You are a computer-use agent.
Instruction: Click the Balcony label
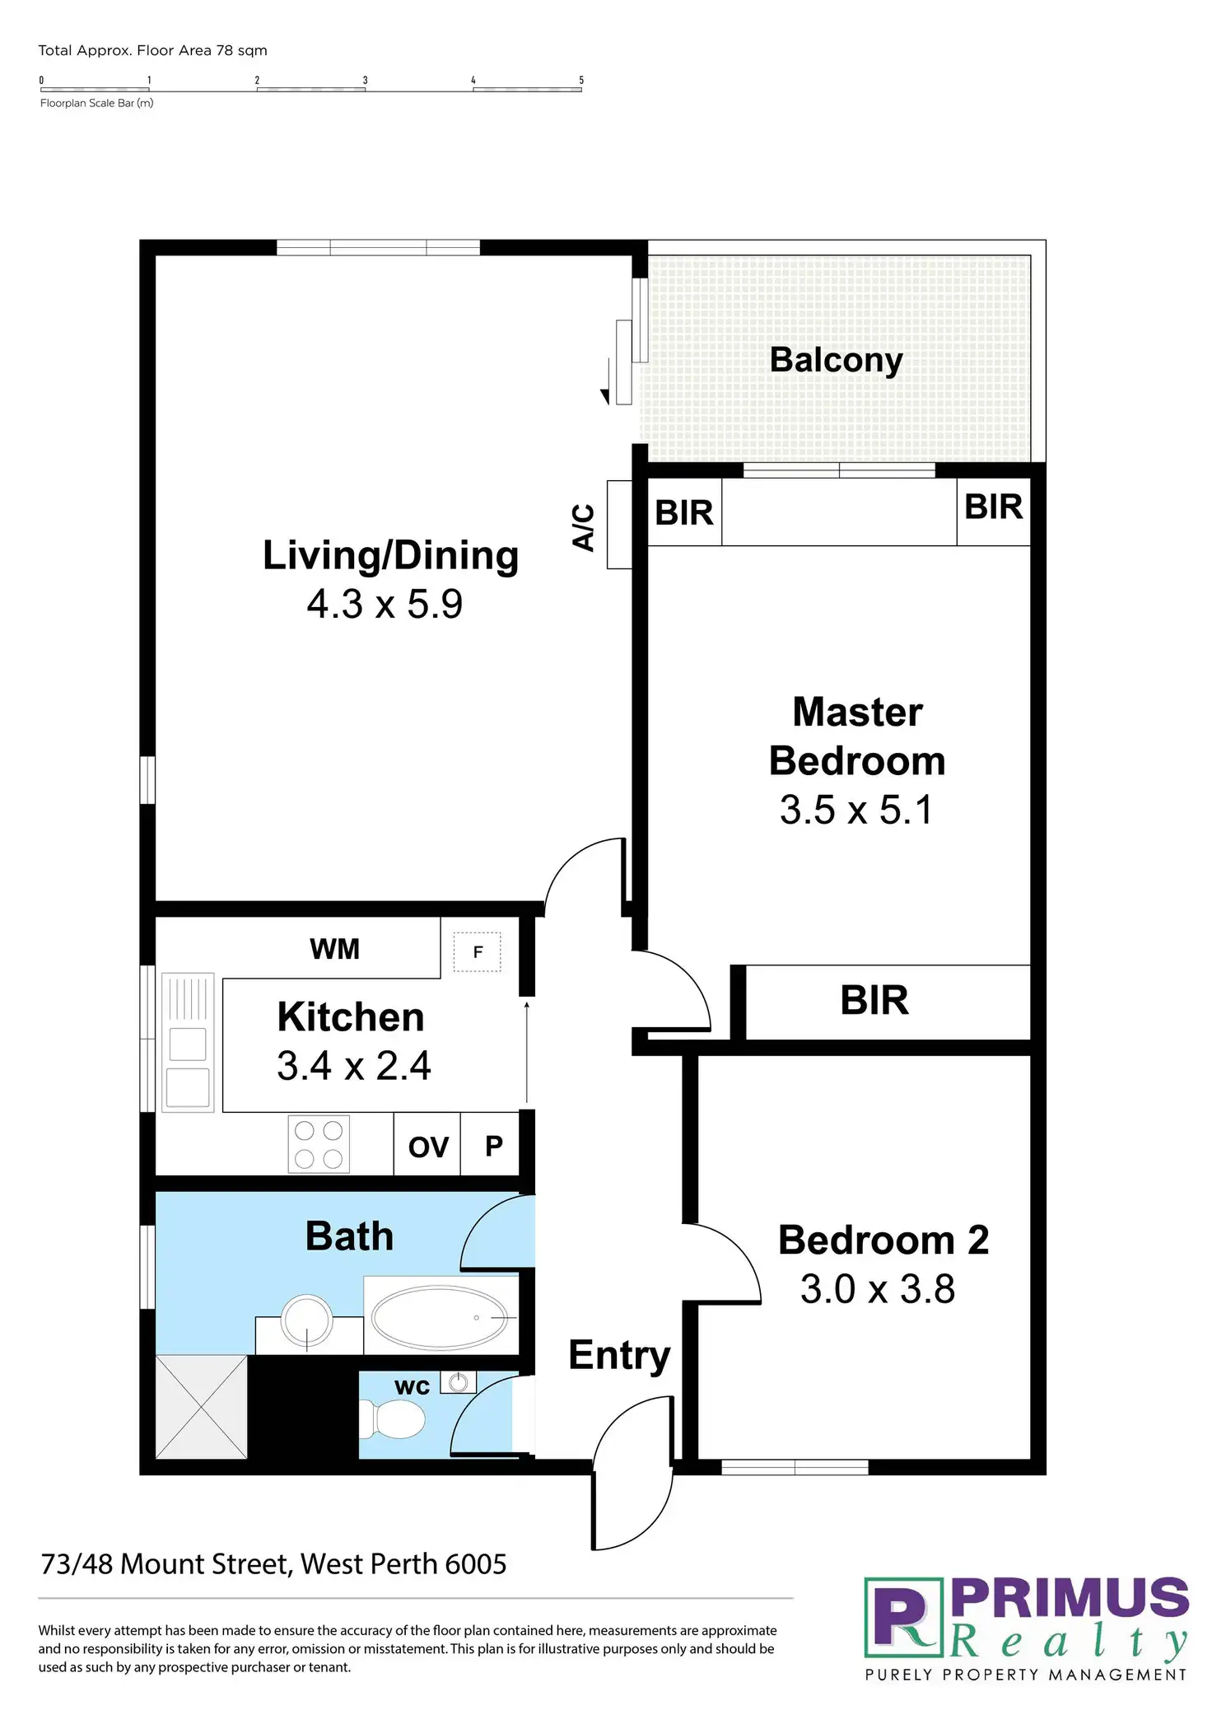click(836, 360)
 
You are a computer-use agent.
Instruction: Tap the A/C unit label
click(584, 527)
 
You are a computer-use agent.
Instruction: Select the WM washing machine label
click(334, 949)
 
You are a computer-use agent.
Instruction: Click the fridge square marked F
click(478, 952)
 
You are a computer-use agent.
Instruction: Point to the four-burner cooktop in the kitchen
click(319, 1144)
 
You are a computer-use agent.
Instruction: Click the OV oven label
click(428, 1147)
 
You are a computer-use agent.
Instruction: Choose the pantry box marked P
click(493, 1146)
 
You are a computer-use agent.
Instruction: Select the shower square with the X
click(202, 1406)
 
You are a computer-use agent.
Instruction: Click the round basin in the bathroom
click(307, 1320)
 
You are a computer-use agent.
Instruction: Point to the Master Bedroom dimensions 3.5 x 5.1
click(856, 810)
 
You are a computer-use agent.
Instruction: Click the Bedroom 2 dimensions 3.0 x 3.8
click(878, 1289)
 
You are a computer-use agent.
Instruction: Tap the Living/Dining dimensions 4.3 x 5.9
click(385, 604)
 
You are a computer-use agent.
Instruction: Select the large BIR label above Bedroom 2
click(874, 1000)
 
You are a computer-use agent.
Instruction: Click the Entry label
click(619, 1355)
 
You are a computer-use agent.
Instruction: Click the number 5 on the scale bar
click(581, 80)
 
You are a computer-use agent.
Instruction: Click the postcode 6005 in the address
click(475, 1564)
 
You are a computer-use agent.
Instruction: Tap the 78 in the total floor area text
click(224, 50)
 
